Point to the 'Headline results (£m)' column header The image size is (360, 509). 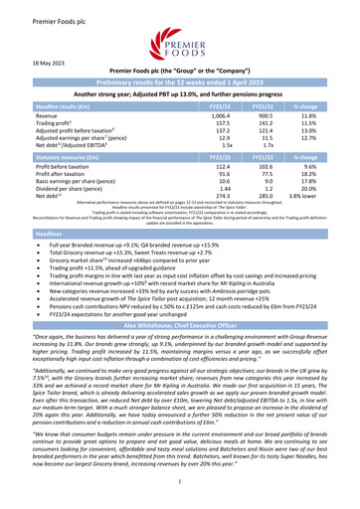pyautogui.click(x=61, y=104)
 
